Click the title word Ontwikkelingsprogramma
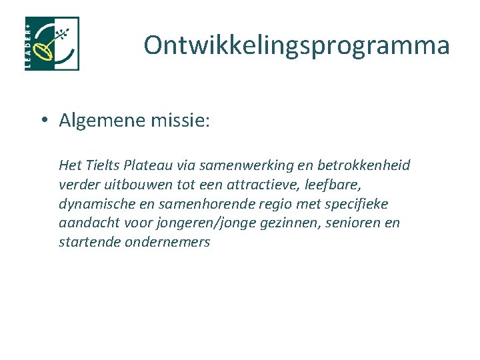(x=297, y=45)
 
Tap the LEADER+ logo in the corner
(x=52, y=44)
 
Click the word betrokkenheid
(x=366, y=165)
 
